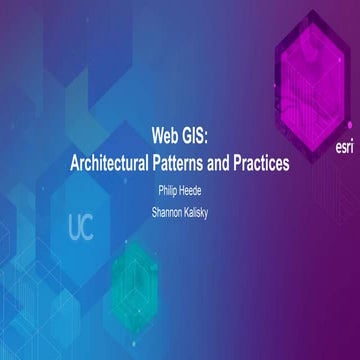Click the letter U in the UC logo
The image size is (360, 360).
[x=74, y=228]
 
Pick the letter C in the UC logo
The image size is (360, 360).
[x=90, y=228]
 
